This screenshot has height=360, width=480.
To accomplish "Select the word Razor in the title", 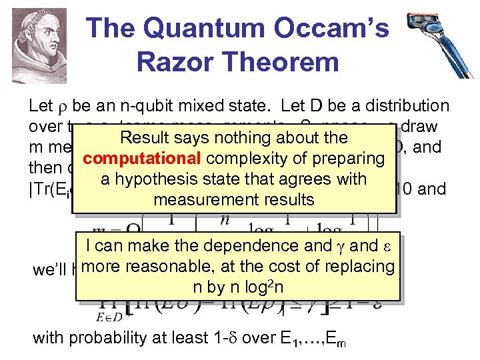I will (x=175, y=62).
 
